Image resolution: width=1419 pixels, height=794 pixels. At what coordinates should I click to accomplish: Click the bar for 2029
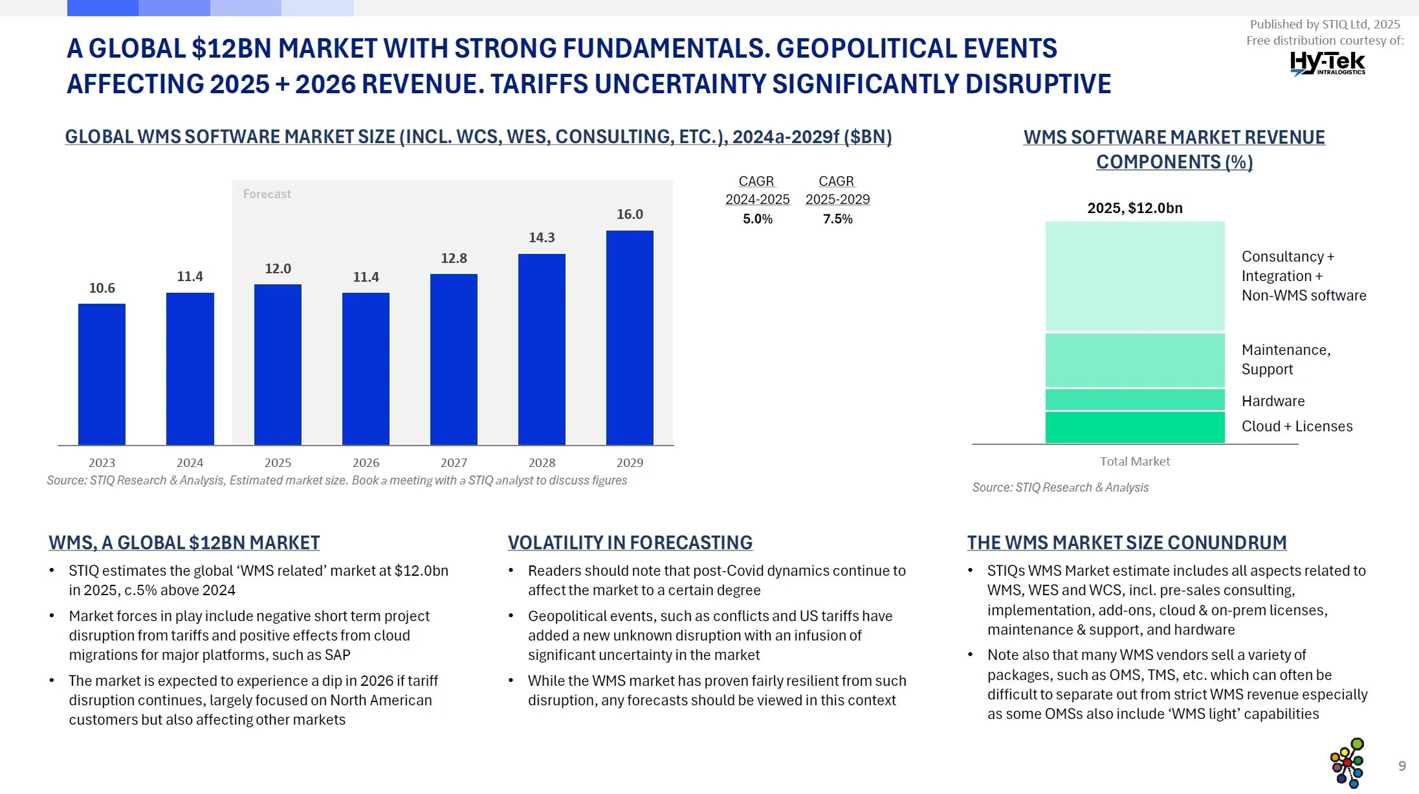(630, 337)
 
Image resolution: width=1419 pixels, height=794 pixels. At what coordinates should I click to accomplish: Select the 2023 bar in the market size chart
(102, 374)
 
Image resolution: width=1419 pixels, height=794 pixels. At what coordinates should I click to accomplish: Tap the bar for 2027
(454, 359)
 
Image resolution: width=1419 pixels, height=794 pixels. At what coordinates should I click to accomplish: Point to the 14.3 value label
(542, 238)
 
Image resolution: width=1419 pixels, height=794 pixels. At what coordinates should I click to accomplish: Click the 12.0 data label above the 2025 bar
(278, 269)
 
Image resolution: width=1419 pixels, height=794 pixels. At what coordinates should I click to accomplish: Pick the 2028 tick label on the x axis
(542, 462)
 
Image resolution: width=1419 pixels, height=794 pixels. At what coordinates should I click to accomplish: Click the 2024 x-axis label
(190, 462)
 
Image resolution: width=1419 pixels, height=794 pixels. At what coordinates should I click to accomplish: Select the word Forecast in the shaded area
(267, 194)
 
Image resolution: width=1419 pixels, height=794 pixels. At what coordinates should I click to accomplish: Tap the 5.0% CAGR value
(757, 219)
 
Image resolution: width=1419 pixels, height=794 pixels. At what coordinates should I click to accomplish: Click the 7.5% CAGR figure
(837, 219)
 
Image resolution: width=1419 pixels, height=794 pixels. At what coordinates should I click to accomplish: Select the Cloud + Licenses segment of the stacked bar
(1135, 427)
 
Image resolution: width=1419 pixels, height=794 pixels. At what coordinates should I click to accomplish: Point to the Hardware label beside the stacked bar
(1273, 401)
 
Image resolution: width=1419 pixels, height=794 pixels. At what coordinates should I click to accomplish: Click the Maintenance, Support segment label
(1286, 359)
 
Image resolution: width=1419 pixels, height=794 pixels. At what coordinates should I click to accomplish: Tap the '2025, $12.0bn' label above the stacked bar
(1134, 208)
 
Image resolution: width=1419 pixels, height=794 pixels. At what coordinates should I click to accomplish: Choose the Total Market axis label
(1134, 461)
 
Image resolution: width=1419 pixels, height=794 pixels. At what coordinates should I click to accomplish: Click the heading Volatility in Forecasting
(630, 543)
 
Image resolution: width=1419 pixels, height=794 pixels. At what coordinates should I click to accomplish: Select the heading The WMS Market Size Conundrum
(1127, 543)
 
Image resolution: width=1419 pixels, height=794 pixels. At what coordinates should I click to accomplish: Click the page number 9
(1402, 766)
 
